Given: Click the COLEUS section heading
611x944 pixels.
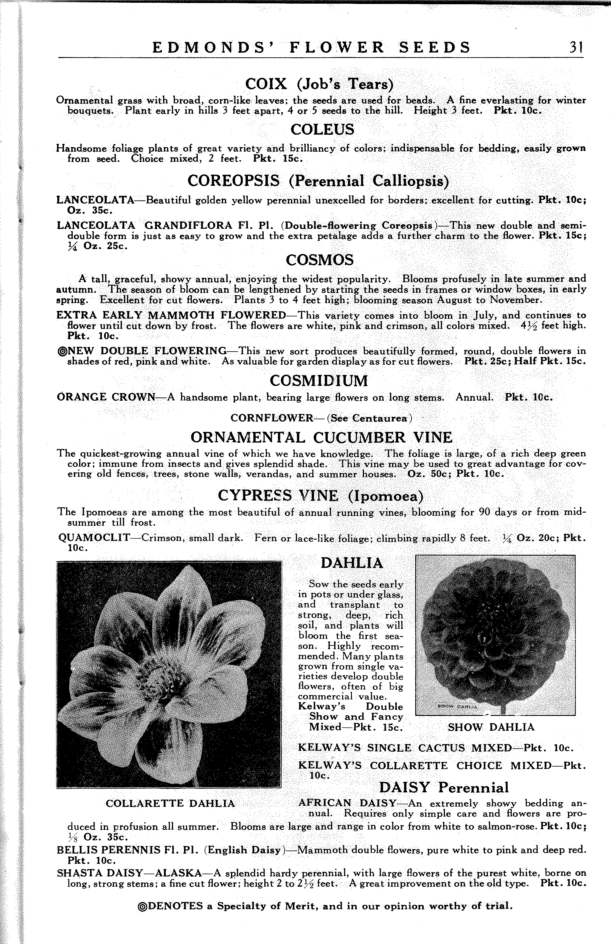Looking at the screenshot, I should click(x=322, y=130).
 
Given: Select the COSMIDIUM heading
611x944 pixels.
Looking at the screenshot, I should click(x=319, y=381).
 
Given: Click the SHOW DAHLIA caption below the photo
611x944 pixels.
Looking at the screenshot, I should click(x=491, y=727).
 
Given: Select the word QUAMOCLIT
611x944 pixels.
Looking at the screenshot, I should click(x=94, y=538).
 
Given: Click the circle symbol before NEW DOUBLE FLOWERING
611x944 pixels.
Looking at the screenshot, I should click(x=62, y=351).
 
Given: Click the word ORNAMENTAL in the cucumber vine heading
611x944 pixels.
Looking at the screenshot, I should click(x=248, y=437).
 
